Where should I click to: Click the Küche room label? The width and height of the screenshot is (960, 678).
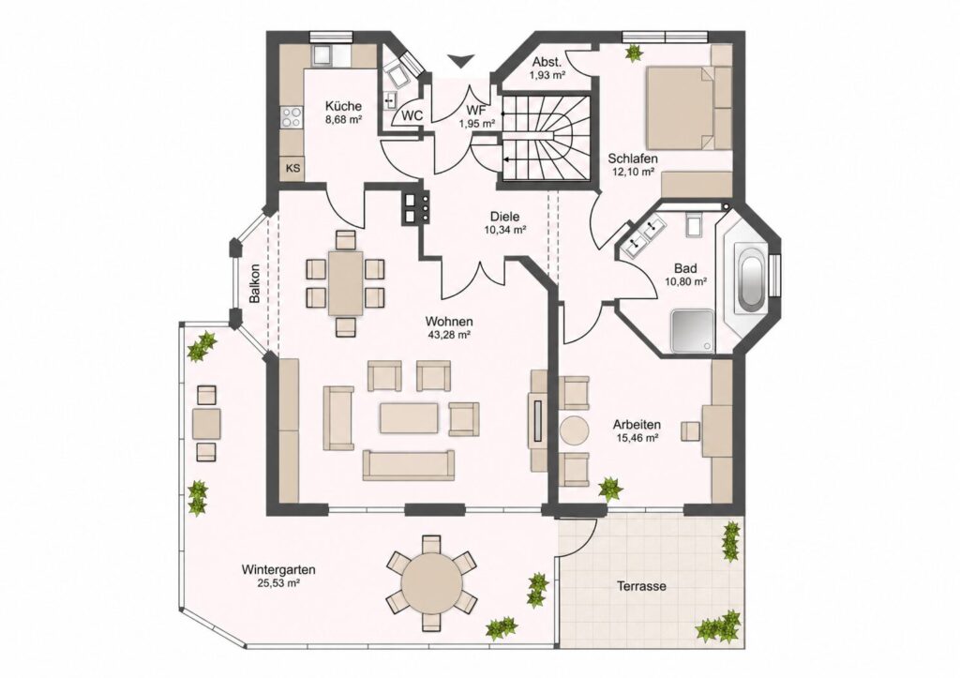pos(343,106)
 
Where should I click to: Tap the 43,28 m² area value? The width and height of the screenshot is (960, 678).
pos(449,335)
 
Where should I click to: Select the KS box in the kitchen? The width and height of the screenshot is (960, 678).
pos(293,168)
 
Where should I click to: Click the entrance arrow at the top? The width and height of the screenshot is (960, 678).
pos(459,61)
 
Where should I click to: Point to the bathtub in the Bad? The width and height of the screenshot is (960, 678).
pos(751,282)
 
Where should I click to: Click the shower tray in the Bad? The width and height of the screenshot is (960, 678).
pos(693,331)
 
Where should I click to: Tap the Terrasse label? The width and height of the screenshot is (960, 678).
pos(641,586)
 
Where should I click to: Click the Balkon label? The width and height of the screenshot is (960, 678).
pos(255,283)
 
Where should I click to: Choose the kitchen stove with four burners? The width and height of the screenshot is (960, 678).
pos(292,117)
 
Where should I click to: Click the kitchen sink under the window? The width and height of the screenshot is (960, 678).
pos(322,55)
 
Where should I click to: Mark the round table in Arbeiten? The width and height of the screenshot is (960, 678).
pos(574,430)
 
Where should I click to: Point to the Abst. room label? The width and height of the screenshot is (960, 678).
pos(547,63)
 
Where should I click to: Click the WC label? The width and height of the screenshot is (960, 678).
pos(412,115)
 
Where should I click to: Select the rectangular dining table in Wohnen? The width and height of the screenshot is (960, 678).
pos(345,283)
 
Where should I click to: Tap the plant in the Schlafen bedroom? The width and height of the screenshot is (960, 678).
pos(632,53)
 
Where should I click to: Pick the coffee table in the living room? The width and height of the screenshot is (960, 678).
pos(409,417)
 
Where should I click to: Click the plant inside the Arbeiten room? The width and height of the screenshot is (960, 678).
pos(610,489)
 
